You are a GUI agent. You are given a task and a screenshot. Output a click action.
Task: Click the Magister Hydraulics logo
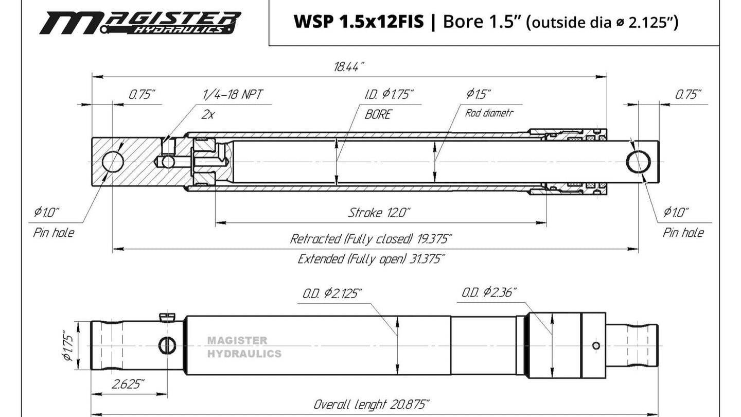tap(140, 22)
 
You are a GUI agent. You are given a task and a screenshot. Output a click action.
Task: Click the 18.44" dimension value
tap(349, 67)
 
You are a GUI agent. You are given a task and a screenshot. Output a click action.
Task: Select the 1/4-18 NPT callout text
tap(233, 95)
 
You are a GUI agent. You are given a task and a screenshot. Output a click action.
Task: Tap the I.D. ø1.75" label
tap(389, 95)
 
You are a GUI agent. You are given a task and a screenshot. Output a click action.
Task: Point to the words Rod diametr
tap(489, 113)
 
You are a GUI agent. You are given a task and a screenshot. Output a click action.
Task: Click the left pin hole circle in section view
tap(113, 162)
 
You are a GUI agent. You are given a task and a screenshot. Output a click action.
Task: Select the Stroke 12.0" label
tap(379, 213)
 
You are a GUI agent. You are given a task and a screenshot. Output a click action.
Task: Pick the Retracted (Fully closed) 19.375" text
tap(371, 239)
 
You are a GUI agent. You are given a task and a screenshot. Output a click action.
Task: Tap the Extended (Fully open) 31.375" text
tap(371, 258)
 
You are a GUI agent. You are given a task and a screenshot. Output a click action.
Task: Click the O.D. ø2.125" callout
tap(332, 293)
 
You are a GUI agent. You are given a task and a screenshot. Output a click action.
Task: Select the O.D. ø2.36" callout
tap(489, 293)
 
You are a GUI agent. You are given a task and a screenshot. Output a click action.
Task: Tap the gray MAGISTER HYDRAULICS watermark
tap(244, 347)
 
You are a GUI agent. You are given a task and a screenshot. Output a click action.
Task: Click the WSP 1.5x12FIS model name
tap(358, 22)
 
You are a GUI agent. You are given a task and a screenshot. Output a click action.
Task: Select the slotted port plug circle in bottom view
tap(167, 345)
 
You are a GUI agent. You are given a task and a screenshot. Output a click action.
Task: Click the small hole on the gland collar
tap(596, 345)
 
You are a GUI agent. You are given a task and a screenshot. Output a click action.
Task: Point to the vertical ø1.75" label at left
tap(67, 345)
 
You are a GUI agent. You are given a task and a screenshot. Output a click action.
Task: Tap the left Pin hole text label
tap(54, 233)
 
